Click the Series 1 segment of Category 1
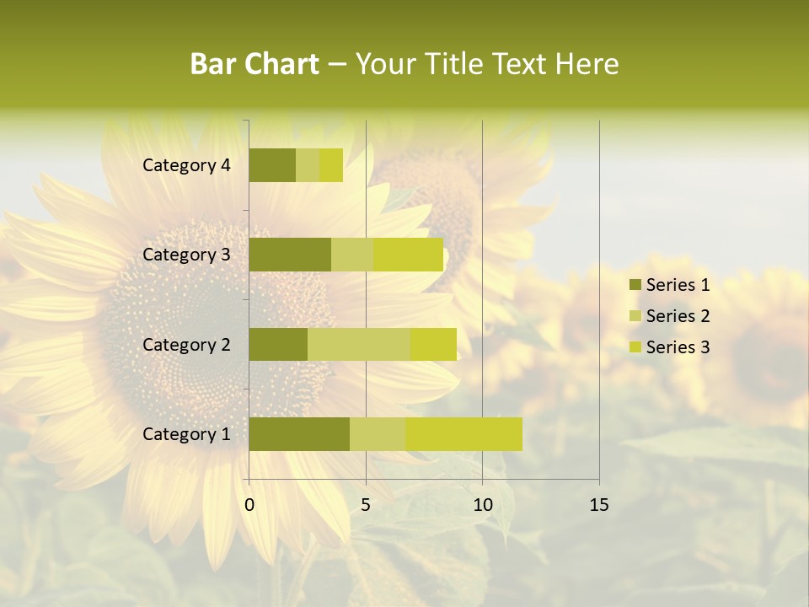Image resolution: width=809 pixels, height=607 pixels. click(x=299, y=434)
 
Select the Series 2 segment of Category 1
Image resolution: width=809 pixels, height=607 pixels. click(x=378, y=434)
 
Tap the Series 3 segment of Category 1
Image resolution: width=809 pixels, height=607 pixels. click(x=463, y=434)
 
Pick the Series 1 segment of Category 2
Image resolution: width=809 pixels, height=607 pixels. click(x=278, y=344)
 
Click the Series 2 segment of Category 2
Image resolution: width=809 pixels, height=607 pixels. click(x=359, y=344)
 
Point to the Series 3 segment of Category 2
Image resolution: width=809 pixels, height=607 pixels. click(x=433, y=344)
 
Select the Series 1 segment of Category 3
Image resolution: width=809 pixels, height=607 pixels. click(x=290, y=255)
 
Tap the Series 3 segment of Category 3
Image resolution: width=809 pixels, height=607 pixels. click(x=409, y=255)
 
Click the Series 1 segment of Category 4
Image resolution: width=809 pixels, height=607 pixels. click(x=272, y=165)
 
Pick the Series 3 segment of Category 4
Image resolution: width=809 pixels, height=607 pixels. click(x=331, y=165)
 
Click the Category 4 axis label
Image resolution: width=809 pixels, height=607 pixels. click(x=186, y=165)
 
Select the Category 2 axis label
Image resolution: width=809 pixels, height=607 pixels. click(x=186, y=344)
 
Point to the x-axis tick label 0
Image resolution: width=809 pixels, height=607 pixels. click(x=249, y=505)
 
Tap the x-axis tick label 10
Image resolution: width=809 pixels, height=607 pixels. click(x=482, y=505)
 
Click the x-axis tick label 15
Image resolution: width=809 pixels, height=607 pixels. click(x=598, y=505)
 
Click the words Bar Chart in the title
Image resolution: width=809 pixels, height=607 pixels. click(x=254, y=64)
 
